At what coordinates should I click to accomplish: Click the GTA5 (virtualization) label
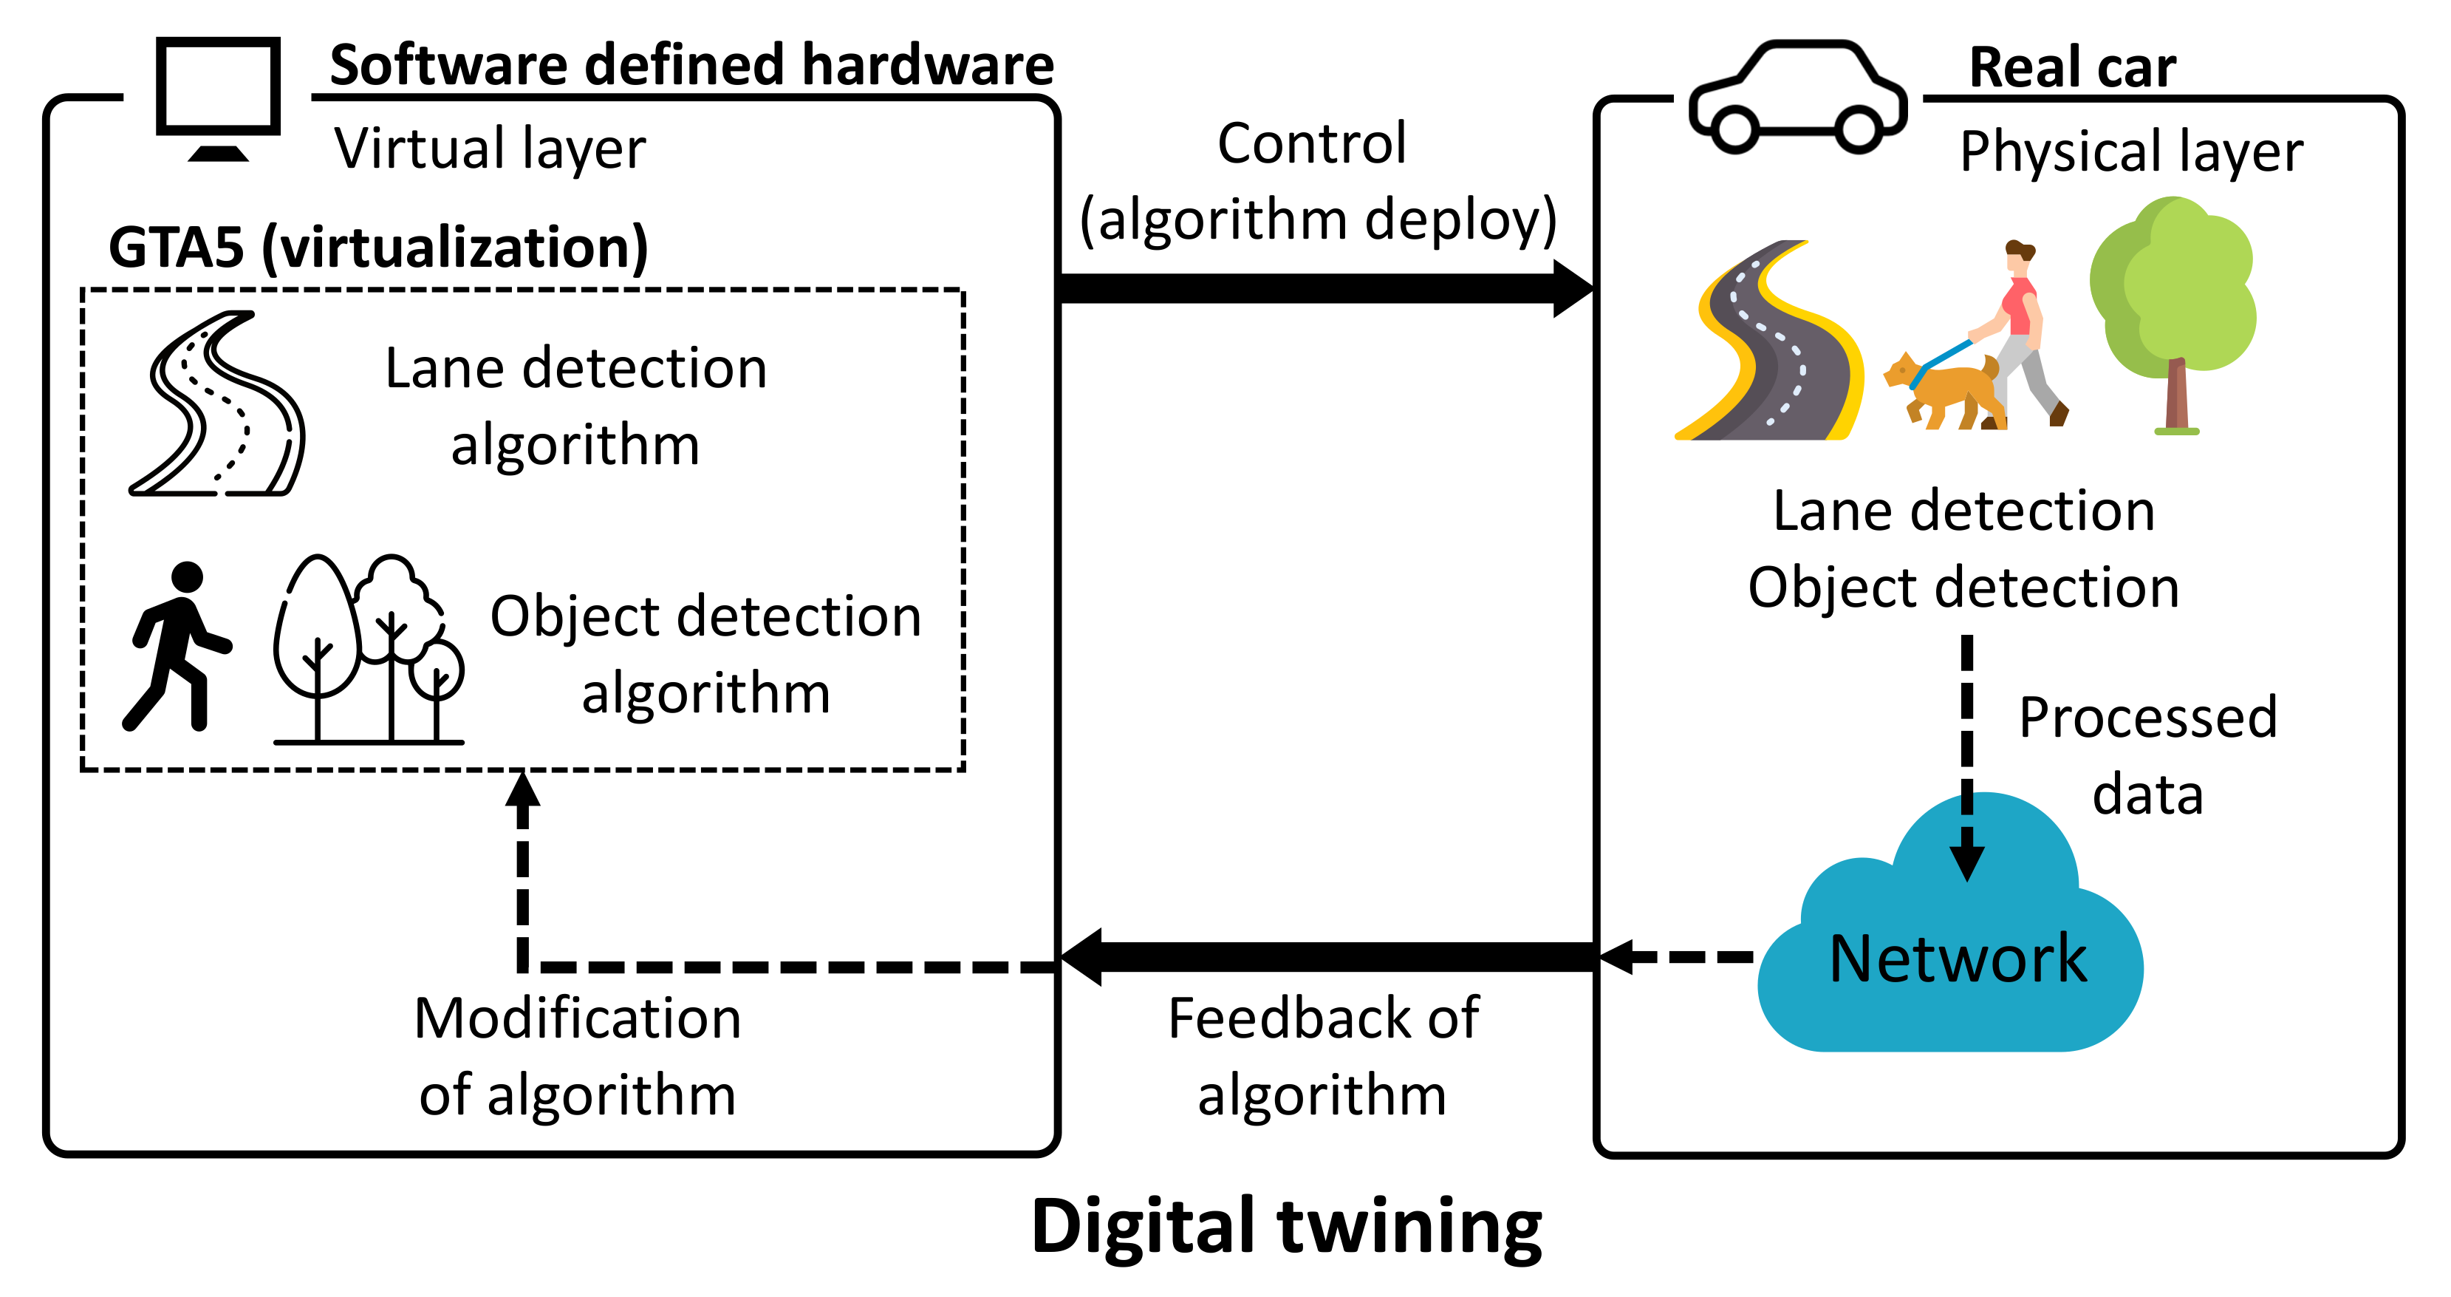point(379,248)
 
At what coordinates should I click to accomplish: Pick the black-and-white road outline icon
point(217,404)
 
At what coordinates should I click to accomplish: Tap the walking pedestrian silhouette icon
point(178,646)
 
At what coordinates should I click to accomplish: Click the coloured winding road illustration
point(1768,340)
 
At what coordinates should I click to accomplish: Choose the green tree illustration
point(2173,315)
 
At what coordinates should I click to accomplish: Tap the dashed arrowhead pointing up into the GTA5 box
point(522,789)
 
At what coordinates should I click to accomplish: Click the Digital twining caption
point(1286,1228)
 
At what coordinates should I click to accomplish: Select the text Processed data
point(2147,755)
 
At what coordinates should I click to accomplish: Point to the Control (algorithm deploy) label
point(1318,182)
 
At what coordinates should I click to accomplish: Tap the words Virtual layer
point(490,149)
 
